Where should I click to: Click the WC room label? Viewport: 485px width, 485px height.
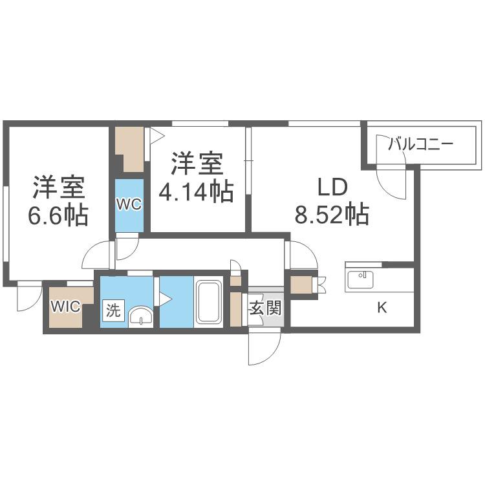click(x=129, y=204)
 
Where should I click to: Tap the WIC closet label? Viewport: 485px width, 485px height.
click(x=65, y=307)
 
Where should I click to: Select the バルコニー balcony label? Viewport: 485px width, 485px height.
click(x=420, y=144)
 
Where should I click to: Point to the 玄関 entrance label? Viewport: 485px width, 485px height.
click(x=266, y=308)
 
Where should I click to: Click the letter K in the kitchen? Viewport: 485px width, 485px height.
click(x=382, y=307)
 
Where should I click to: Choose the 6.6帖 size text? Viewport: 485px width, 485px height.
click(x=58, y=215)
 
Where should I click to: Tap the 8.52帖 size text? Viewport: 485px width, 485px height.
click(x=332, y=214)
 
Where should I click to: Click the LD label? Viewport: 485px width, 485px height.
click(x=333, y=188)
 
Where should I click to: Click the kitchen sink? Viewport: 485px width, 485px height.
click(x=360, y=279)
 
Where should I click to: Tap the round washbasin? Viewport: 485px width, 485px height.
click(x=141, y=316)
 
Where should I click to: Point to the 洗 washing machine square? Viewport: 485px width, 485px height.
click(x=113, y=310)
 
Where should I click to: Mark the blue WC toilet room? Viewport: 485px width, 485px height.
click(x=129, y=206)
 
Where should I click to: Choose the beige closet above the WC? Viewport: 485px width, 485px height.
click(x=129, y=149)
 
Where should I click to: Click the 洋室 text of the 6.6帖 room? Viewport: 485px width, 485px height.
click(x=59, y=188)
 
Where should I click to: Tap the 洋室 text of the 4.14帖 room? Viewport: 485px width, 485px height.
click(x=197, y=164)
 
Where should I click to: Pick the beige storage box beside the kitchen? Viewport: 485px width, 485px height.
click(x=301, y=285)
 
